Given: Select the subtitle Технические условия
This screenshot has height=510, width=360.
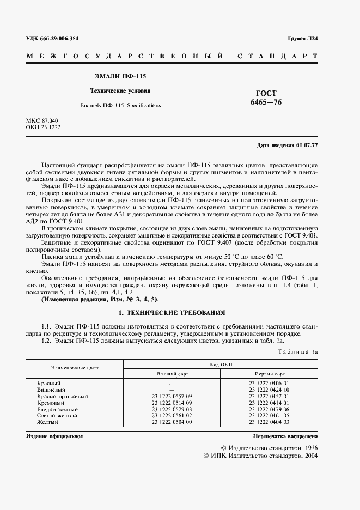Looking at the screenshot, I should [120, 91].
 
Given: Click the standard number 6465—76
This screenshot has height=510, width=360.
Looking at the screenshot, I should [266, 102].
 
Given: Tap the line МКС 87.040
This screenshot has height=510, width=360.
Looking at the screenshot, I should [42, 120].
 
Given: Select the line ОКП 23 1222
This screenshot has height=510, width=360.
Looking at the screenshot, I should [43, 127].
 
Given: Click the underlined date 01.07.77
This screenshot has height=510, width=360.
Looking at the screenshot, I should [307, 145].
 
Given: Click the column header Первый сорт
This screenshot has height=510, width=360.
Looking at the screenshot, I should [269, 375].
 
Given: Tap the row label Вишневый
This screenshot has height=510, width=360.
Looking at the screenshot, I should [49, 390].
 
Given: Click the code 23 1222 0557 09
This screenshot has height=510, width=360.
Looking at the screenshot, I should [172, 397].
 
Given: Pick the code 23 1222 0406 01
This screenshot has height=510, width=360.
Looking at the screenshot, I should [269, 384].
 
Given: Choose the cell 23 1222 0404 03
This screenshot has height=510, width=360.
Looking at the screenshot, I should [269, 422].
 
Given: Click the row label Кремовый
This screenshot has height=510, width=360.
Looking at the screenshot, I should [49, 403].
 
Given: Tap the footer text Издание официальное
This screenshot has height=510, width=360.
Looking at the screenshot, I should [54, 437].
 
